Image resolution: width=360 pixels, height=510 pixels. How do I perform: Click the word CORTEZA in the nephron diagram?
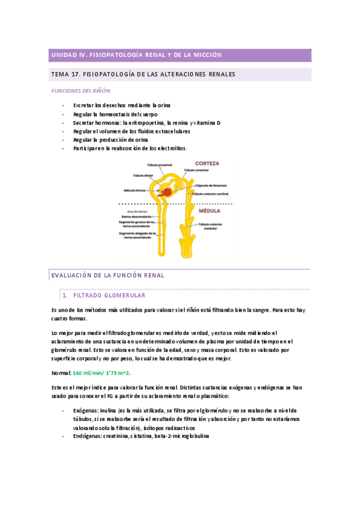(207, 163)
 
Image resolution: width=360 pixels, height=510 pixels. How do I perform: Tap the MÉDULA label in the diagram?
(206, 211)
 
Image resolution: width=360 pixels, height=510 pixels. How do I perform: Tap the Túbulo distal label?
(143, 176)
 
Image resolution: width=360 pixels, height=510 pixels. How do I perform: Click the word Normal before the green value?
(61, 373)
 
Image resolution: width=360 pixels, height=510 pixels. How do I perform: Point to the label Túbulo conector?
(197, 170)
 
